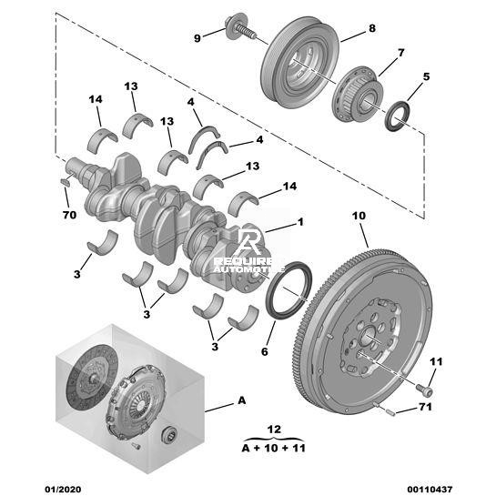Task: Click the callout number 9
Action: pyautogui.click(x=197, y=38)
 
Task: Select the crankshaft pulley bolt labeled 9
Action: pyautogui.click(x=240, y=28)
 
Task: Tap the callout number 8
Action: pyautogui.click(x=372, y=28)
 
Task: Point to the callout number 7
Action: pyautogui.click(x=400, y=53)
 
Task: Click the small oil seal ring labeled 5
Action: pyautogui.click(x=398, y=116)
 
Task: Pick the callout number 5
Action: pyautogui.click(x=426, y=76)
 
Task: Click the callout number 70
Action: pyautogui.click(x=69, y=215)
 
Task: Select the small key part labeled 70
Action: pyautogui.click(x=65, y=182)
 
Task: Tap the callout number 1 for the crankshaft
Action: pyautogui.click(x=300, y=222)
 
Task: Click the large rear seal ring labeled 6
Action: pyautogui.click(x=288, y=290)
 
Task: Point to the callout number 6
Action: pyautogui.click(x=265, y=351)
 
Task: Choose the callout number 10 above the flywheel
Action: pyautogui.click(x=359, y=216)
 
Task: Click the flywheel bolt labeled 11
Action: pyautogui.click(x=424, y=390)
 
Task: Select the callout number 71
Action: pyautogui.click(x=425, y=407)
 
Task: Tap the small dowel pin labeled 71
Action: pyautogui.click(x=390, y=412)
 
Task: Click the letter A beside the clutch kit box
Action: pyautogui.click(x=242, y=400)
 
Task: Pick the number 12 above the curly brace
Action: pyautogui.click(x=274, y=430)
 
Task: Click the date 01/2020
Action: pyautogui.click(x=63, y=489)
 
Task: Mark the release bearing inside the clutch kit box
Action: pyautogui.click(x=169, y=434)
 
